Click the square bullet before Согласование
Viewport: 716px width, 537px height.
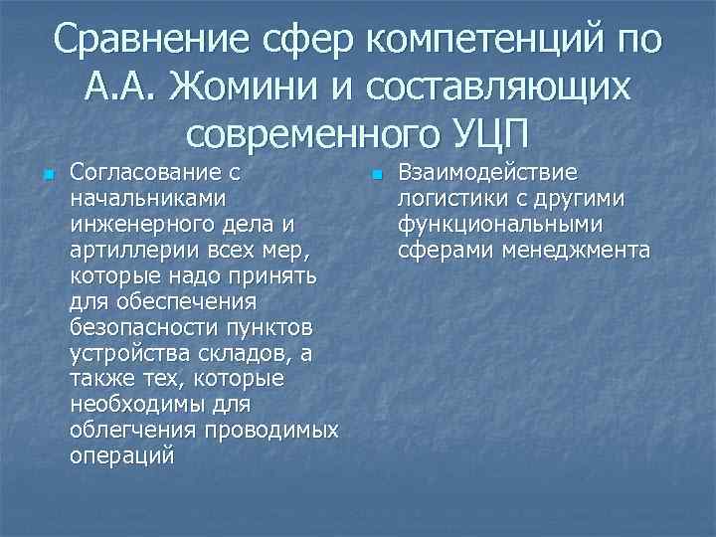pyautogui.click(x=47, y=177)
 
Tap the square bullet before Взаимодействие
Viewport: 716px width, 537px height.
pyautogui.click(x=375, y=177)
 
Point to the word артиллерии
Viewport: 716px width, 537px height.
pyautogui.click(x=126, y=249)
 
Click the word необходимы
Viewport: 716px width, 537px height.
pyautogui.click(x=137, y=404)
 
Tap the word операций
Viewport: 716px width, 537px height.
pyautogui.click(x=122, y=455)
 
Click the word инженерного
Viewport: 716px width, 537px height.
pyautogui.click(x=140, y=225)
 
